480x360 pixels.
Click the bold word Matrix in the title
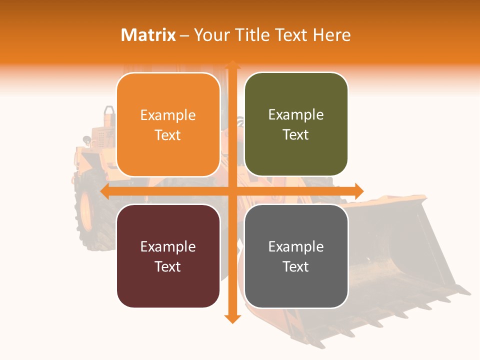coord(148,35)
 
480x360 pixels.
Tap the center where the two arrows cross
coord(232,191)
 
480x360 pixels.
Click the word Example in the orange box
coord(168,115)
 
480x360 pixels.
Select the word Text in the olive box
coord(296,135)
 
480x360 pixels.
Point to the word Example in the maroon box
coord(168,247)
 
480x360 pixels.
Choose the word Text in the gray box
coord(296,266)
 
